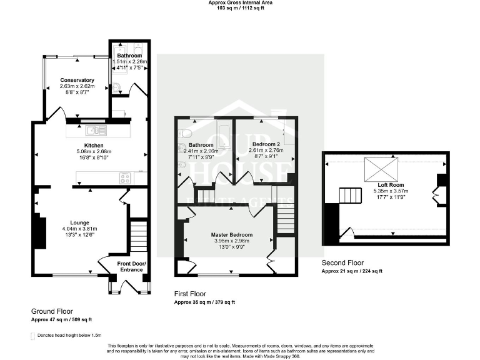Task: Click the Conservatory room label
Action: (77, 80)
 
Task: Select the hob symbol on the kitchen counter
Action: (124, 177)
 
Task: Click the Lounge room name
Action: (79, 222)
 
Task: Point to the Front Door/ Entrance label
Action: (131, 267)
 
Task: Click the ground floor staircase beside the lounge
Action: (138, 235)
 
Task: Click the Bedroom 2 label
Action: (266, 144)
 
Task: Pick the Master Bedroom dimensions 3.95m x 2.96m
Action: (232, 241)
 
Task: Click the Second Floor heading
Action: (342, 263)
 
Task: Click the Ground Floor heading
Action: (52, 311)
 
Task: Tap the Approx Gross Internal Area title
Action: (240, 2)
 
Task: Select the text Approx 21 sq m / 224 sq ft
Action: (352, 271)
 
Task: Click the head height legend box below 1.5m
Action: (33, 336)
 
